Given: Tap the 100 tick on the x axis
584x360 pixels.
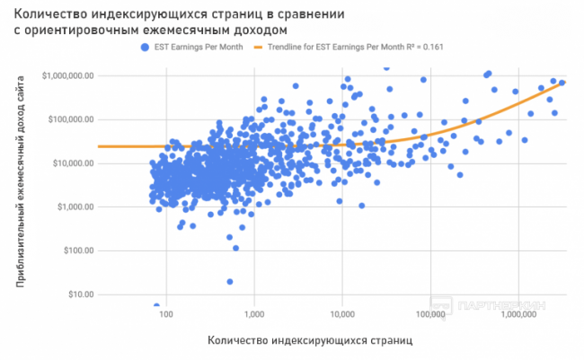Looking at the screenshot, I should pos(165,315).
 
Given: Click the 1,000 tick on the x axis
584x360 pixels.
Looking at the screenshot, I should pos(253,315).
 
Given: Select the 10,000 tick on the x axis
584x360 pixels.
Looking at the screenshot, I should pos(341,315).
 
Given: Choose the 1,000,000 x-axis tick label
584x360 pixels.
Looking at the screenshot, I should pos(518,315).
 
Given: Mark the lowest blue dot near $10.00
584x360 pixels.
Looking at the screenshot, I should pos(156,305).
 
